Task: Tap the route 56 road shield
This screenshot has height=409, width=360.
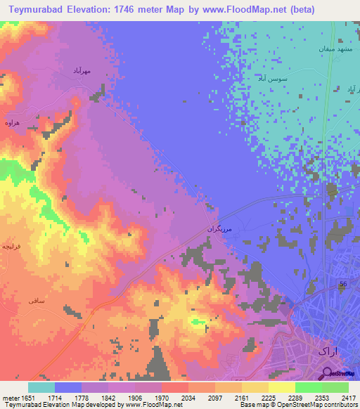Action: [x=344, y=283]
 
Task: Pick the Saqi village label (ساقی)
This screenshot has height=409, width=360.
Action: [x=36, y=300]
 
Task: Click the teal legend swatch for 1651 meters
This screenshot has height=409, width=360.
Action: [x=41, y=387]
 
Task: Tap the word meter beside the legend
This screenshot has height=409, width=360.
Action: [x=12, y=398]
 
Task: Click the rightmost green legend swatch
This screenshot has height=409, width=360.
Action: [x=335, y=387]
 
